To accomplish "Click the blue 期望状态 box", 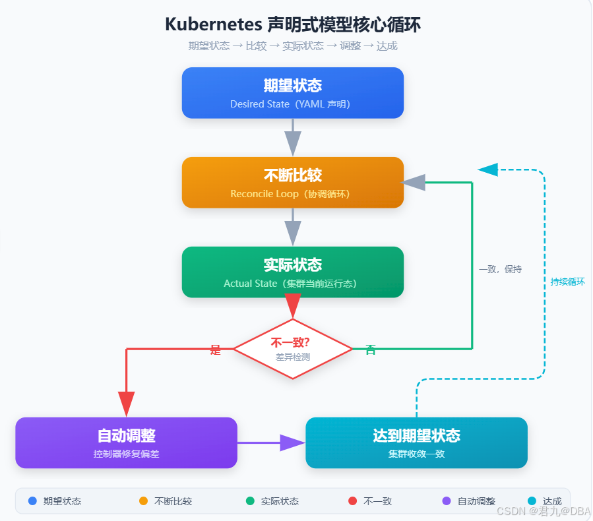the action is point(293,93).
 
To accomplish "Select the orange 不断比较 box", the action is point(293,183).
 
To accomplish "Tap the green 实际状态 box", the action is point(293,272).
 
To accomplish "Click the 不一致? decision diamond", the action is point(293,349).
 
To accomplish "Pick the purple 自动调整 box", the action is point(126,443).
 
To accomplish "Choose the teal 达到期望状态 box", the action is point(416,443).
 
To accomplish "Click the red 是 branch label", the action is point(215,350).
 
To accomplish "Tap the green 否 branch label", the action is point(371,350).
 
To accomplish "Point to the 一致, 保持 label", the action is point(501,269).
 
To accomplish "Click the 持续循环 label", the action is point(568,282).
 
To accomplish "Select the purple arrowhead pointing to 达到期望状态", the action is point(293,443).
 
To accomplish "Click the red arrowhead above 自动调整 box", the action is point(126,404).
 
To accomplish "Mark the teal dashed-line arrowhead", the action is point(488,169).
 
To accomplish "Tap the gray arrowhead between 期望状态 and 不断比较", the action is point(293,144).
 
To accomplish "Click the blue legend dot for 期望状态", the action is point(32,501).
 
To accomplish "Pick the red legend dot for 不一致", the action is point(352,501).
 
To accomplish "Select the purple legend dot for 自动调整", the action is point(447,501).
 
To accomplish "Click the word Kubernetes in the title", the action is point(214,24).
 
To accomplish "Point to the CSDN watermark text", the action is point(544,511).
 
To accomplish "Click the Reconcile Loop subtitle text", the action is point(265,194).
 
